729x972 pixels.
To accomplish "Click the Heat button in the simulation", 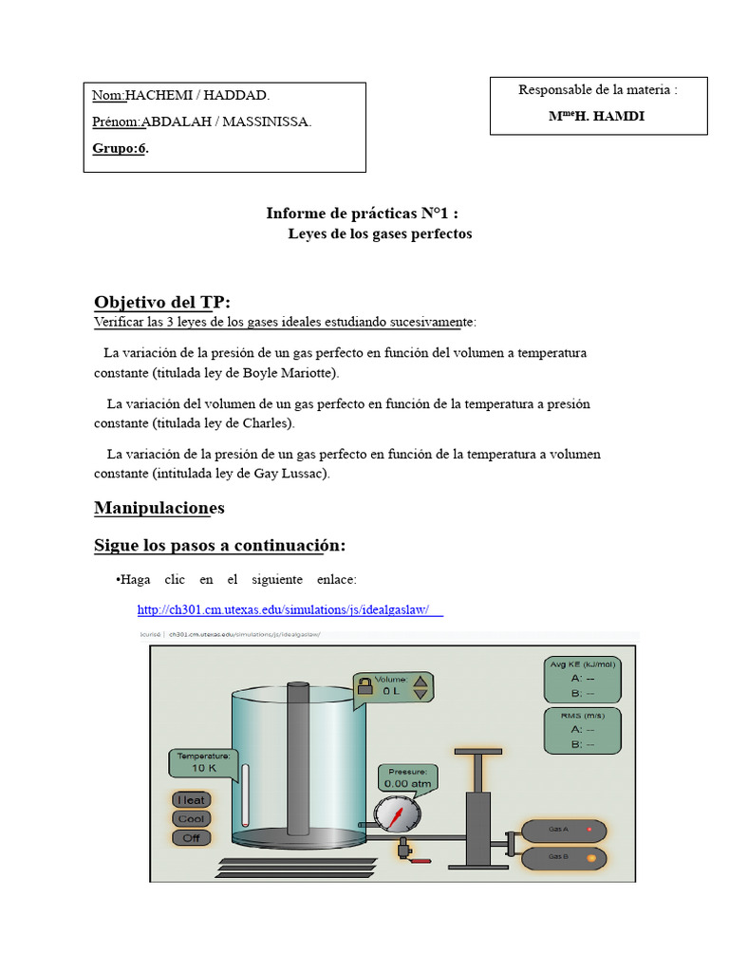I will pyautogui.click(x=192, y=799).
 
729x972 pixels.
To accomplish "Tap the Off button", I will pyautogui.click(x=192, y=837).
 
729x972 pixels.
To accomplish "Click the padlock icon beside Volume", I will pyautogui.click(x=364, y=685).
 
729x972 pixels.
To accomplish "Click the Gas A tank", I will pyautogui.click(x=564, y=830).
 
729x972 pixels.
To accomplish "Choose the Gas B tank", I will pyautogui.click(x=564, y=858).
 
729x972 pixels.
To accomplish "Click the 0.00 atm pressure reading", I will pyautogui.click(x=407, y=783).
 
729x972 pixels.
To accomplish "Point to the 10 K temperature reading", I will pyautogui.click(x=204, y=767).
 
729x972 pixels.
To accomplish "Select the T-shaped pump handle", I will pyautogui.click(x=477, y=754).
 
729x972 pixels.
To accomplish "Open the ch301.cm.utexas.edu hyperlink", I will pyautogui.click(x=290, y=609).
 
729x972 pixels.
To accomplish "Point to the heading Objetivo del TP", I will pyautogui.click(x=161, y=302).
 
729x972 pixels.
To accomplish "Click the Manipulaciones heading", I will pyautogui.click(x=159, y=508).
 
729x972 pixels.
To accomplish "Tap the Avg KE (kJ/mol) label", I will pyautogui.click(x=583, y=664).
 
